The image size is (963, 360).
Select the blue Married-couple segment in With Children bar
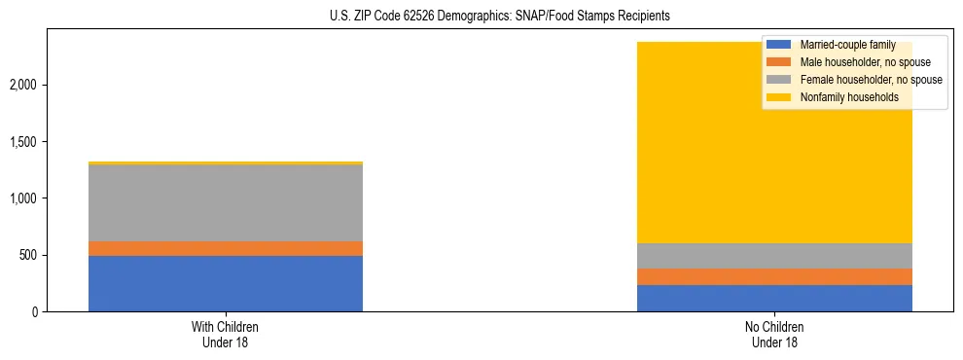(226, 283)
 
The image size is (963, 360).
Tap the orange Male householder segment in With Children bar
(226, 248)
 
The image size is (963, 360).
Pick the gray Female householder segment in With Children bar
(226, 202)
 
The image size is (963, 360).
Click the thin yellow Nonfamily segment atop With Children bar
(226, 162)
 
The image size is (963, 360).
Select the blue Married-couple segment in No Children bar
(774, 298)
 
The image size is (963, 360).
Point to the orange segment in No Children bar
(774, 276)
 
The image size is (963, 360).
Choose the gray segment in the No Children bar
(774, 255)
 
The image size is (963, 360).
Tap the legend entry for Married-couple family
(846, 45)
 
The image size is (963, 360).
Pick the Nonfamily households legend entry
(842, 97)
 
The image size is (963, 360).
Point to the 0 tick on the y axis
(38, 312)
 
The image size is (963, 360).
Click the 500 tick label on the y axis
(31, 256)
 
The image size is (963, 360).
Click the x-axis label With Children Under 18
(226, 334)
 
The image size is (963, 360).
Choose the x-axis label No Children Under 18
(774, 334)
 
